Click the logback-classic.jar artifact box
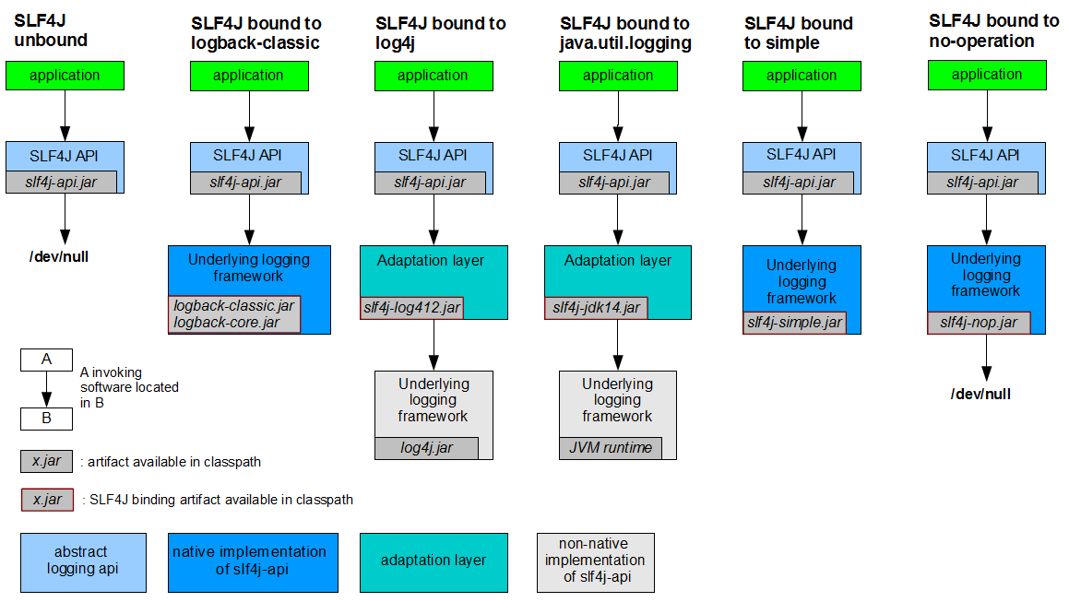pos(234,314)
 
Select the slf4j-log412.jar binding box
pos(411,308)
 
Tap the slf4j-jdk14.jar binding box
pos(596,308)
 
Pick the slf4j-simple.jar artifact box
pos(794,323)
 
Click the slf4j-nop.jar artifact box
pos(979,323)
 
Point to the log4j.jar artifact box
pos(426,448)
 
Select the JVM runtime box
pos(611,448)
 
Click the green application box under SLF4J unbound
pos(65,76)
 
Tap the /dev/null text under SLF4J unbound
pos(59,257)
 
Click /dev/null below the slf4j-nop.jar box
pos(980,394)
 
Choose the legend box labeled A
pos(46,360)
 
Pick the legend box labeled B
pos(46,419)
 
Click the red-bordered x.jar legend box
pos(47,500)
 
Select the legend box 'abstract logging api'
pos(83,562)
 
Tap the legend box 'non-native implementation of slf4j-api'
pos(595,562)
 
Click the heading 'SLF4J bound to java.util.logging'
pos(625,33)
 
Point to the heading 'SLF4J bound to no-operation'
pos(993,31)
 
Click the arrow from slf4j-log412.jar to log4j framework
pos(434,345)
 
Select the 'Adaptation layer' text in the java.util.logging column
pos(618,260)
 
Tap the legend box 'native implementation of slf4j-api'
pos(253,562)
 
